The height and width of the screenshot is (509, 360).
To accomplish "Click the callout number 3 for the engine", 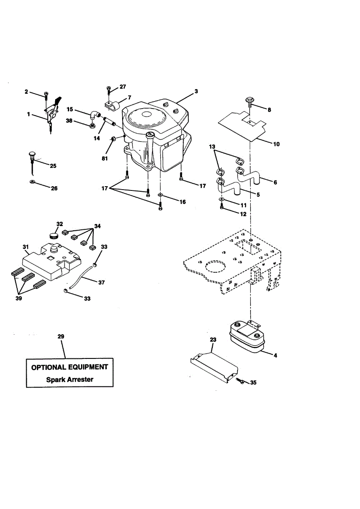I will coord(196,91).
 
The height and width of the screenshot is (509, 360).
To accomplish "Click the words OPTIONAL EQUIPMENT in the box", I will coord(70,367).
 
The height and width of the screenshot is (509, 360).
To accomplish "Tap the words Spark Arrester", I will coord(70,379).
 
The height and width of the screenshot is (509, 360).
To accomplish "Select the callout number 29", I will coord(61,336).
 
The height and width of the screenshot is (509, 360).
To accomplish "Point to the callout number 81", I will coord(105,159).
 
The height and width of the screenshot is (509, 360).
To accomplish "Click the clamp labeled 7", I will coord(112,103).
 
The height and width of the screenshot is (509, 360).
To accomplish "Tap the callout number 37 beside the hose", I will coord(101,282).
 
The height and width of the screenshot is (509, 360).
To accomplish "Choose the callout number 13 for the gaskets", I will coord(212,146).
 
